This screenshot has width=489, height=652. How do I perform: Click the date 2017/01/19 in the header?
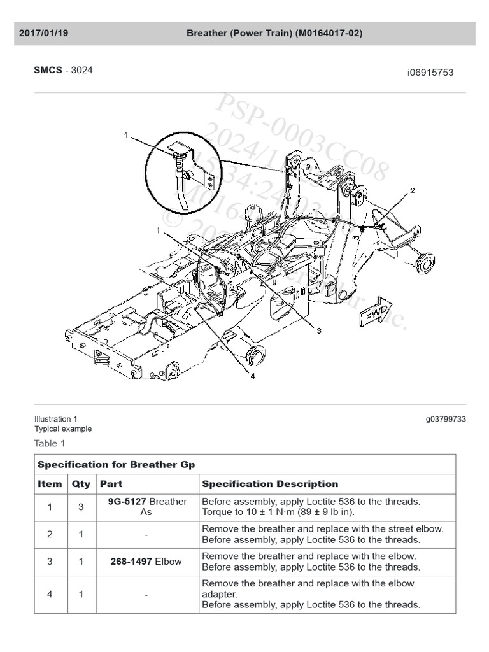(43, 33)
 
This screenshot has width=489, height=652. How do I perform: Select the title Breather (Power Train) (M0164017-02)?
(274, 33)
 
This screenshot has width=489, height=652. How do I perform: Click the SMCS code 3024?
(81, 70)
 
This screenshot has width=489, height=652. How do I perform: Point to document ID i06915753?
(430, 73)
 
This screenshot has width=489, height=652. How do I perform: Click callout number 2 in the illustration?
(413, 190)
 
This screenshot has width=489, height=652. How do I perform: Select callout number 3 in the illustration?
(318, 330)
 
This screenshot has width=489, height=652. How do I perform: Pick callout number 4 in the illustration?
(252, 376)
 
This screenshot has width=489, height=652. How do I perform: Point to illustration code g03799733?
(446, 419)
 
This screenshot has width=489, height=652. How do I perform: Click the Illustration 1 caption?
(56, 419)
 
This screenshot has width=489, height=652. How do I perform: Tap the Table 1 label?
(50, 443)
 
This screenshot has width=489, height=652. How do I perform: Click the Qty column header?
(81, 484)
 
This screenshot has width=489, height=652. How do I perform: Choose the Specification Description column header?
(270, 484)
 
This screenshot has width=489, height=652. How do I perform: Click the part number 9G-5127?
(127, 502)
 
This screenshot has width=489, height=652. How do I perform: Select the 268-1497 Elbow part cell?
(146, 562)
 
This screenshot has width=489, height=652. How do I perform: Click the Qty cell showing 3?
(81, 507)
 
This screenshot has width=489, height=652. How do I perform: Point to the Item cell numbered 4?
(50, 594)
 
